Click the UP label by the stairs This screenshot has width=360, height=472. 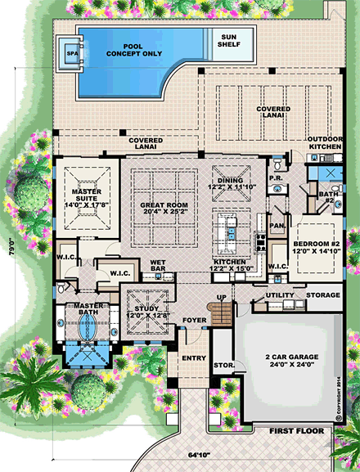pos(220,297)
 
